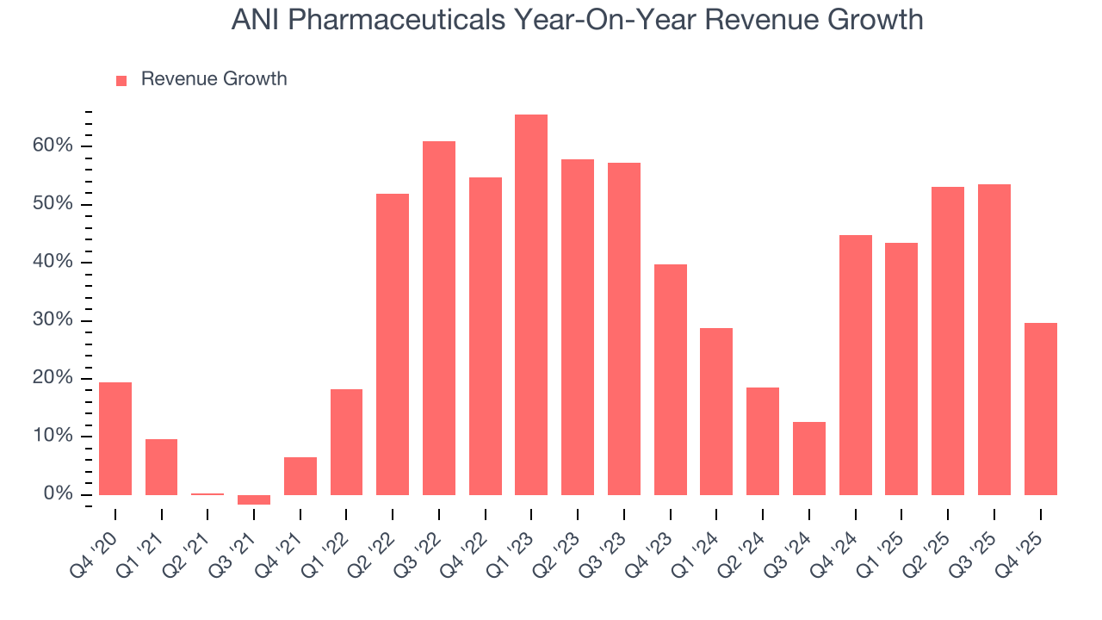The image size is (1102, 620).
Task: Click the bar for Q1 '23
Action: (x=531, y=305)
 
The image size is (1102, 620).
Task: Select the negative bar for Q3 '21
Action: (x=254, y=499)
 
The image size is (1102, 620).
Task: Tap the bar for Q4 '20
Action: (x=115, y=438)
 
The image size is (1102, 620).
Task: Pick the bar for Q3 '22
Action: (x=439, y=318)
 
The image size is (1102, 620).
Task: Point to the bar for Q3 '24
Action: (x=809, y=458)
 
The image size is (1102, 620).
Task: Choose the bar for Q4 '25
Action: (x=1040, y=409)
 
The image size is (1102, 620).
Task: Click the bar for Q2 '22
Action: (x=393, y=344)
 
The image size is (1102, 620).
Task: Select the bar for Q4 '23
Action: (x=671, y=380)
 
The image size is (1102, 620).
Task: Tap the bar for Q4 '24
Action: (x=856, y=365)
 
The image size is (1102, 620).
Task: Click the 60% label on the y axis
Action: (x=53, y=146)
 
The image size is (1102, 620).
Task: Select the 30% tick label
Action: (x=53, y=320)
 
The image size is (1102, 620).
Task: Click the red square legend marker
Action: (x=121, y=80)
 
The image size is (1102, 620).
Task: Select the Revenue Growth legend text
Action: (x=214, y=79)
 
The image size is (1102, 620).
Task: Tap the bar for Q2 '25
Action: (x=948, y=341)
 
